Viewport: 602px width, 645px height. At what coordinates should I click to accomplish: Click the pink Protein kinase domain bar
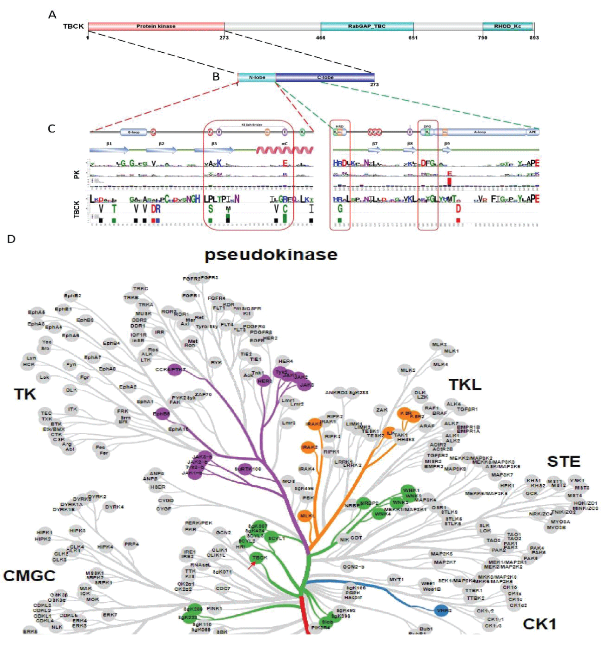(x=156, y=26)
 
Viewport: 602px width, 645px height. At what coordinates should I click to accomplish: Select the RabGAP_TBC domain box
(x=367, y=26)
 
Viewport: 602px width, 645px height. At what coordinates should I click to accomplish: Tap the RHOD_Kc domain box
(x=507, y=26)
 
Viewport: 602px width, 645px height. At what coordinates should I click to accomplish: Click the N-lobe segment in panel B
(x=257, y=77)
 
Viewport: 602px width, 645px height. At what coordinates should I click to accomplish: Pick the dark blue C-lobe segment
(x=325, y=77)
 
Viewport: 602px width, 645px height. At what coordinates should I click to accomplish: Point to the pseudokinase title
(x=271, y=255)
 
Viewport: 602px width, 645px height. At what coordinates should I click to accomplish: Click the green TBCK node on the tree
(x=259, y=558)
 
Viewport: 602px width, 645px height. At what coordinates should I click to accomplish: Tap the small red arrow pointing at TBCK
(x=250, y=566)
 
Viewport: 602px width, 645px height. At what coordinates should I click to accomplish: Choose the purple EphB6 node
(x=162, y=414)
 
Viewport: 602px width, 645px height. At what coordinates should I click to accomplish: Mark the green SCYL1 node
(x=275, y=538)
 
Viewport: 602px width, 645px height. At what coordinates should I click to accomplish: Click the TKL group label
(x=465, y=385)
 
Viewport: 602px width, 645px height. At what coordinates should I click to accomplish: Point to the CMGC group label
(x=29, y=575)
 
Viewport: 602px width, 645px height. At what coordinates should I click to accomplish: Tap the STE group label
(x=563, y=461)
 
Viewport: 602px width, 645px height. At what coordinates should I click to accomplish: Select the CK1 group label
(x=539, y=623)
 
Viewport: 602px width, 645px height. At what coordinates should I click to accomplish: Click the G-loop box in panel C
(x=133, y=132)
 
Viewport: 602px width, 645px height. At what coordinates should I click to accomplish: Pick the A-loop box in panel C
(x=480, y=132)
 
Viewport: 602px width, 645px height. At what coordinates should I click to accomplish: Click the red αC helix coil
(x=284, y=150)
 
